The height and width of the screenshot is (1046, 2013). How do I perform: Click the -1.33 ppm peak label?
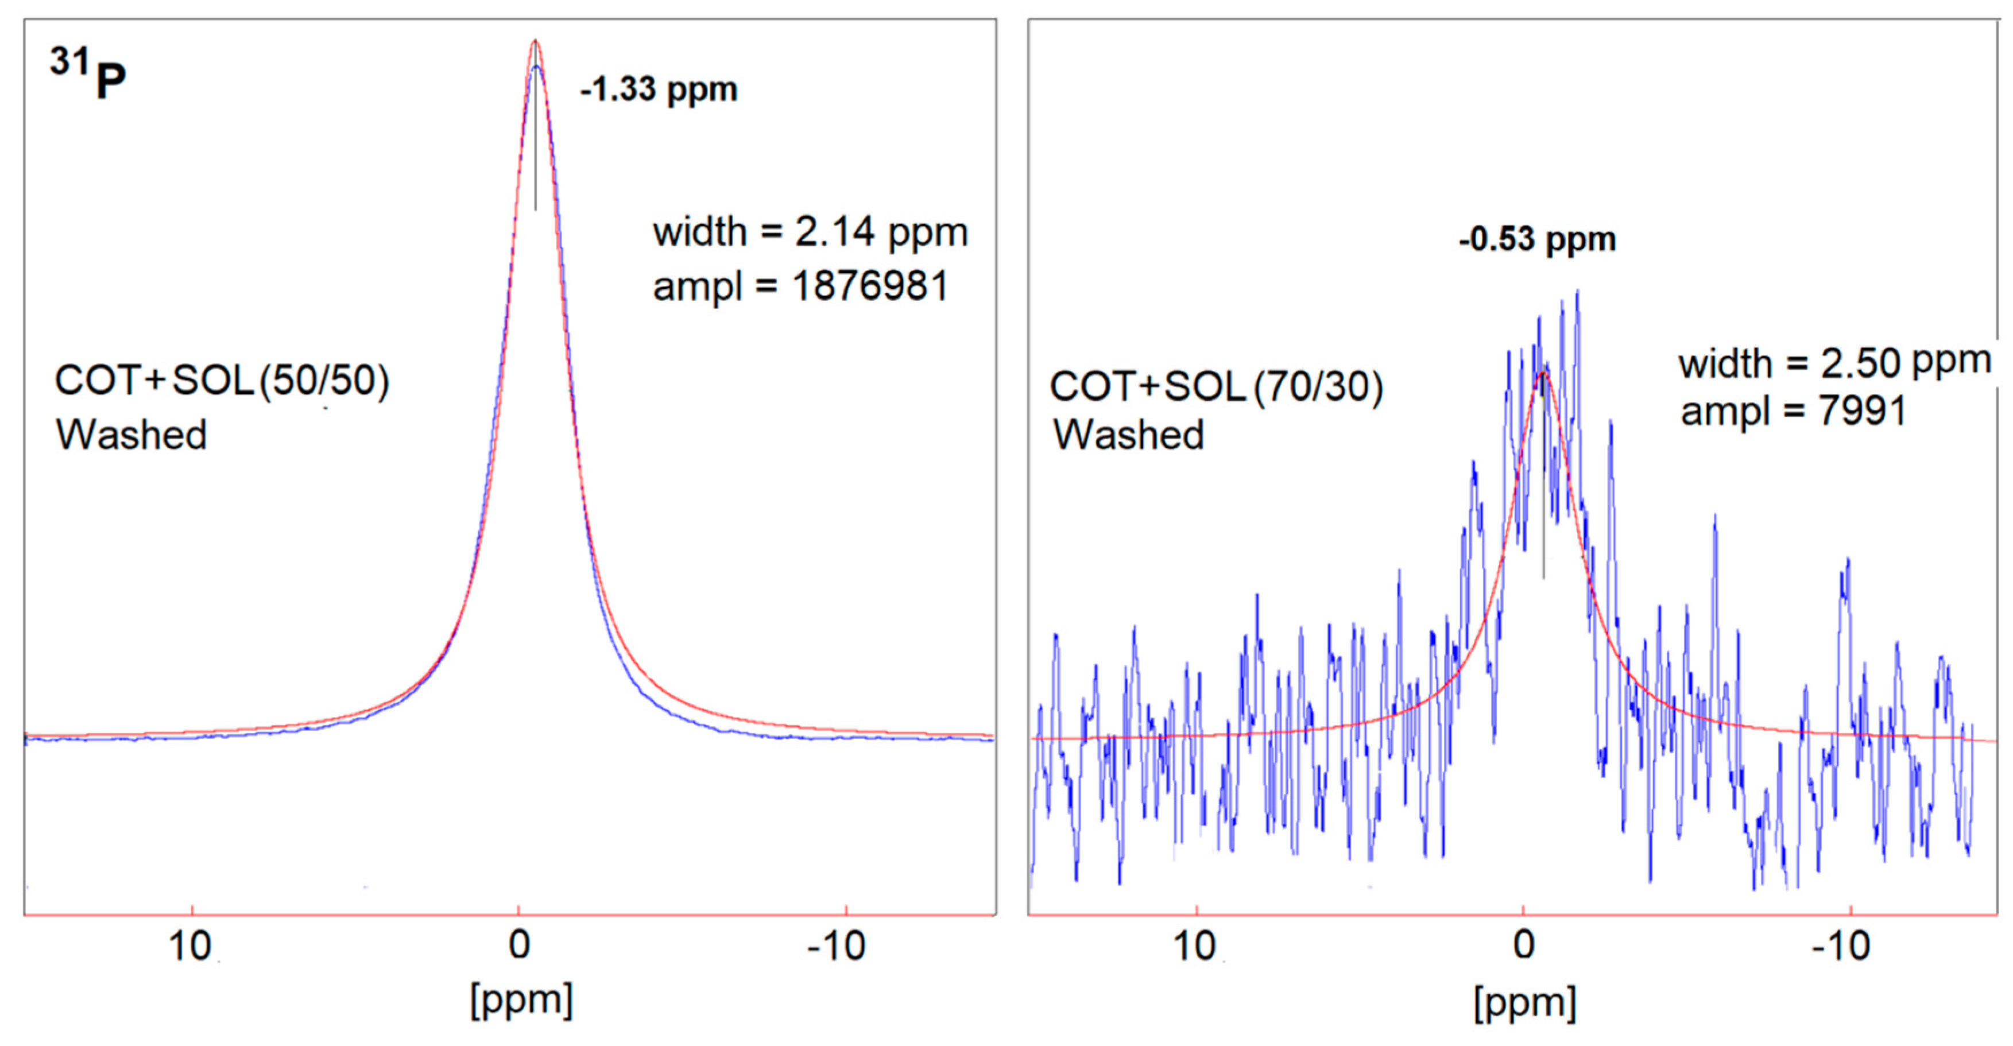(x=658, y=89)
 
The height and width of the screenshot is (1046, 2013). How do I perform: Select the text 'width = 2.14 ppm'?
(x=810, y=232)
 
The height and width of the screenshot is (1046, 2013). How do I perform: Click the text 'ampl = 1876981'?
(x=800, y=285)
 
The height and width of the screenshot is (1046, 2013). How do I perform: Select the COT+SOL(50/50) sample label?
(x=222, y=381)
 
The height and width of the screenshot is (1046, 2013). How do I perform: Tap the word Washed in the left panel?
(x=131, y=435)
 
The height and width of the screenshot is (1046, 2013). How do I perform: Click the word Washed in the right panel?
(x=1128, y=435)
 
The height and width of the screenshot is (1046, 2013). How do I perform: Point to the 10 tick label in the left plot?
(x=190, y=947)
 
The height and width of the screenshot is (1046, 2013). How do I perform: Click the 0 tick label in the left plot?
(x=519, y=945)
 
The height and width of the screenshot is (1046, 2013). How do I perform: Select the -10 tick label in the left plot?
(x=836, y=947)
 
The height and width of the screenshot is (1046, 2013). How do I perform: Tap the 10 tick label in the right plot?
(x=1195, y=947)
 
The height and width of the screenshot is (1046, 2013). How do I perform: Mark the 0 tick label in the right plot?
(x=1524, y=945)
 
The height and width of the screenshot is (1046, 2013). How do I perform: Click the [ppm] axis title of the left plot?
(x=521, y=1000)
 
